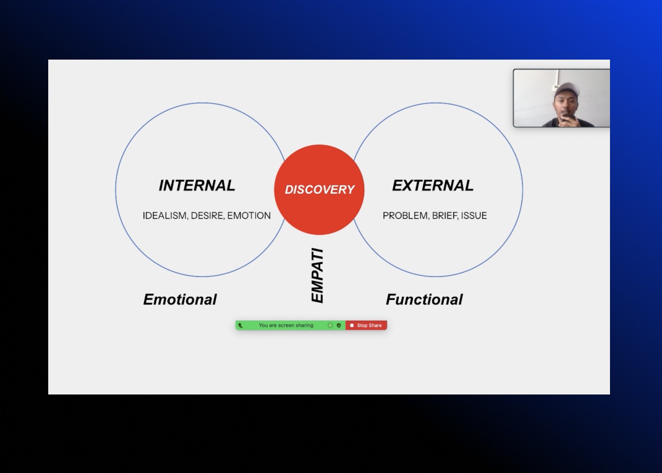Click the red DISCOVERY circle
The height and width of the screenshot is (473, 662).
pyautogui.click(x=319, y=189)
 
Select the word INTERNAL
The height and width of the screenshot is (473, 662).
pyautogui.click(x=197, y=185)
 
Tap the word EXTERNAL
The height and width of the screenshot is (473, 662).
pyautogui.click(x=433, y=185)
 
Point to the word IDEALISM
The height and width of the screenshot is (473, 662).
pyautogui.click(x=165, y=216)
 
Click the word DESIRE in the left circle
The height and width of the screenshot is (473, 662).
pyautogui.click(x=207, y=216)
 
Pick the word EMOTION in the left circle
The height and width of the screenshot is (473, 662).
pyautogui.click(x=249, y=216)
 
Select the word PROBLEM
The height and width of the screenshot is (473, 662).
pyautogui.click(x=405, y=216)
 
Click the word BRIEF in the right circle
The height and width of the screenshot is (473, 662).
pyautogui.click(x=444, y=216)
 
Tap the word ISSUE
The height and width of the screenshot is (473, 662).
pyautogui.click(x=474, y=216)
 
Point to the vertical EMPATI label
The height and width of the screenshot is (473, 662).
pyautogui.click(x=317, y=275)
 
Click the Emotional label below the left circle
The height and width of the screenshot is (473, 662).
pyautogui.click(x=180, y=299)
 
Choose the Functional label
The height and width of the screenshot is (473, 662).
pyautogui.click(x=424, y=299)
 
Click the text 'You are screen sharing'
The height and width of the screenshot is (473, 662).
pyautogui.click(x=286, y=325)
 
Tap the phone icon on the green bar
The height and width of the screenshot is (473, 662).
pyautogui.click(x=240, y=325)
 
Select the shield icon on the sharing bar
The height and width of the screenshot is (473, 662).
pyautogui.click(x=339, y=325)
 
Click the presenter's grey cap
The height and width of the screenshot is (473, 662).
pyautogui.click(x=566, y=88)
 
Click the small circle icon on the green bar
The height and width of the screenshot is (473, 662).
pyautogui.click(x=330, y=325)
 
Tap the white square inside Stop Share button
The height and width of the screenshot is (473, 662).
pyautogui.click(x=352, y=325)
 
